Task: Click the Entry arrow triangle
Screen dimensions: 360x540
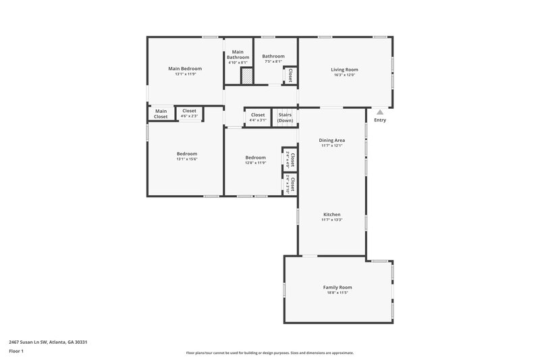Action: [380, 112]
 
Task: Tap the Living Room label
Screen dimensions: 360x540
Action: [344, 70]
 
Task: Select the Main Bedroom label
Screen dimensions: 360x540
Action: [185, 68]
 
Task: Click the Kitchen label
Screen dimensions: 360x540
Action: [332, 214]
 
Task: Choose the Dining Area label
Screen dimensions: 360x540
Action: [332, 140]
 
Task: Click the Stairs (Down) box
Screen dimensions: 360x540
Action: [285, 118]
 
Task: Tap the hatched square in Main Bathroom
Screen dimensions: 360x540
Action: [246, 77]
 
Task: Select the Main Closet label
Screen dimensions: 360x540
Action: [161, 113]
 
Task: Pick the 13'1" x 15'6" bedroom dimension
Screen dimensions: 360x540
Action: [186, 159]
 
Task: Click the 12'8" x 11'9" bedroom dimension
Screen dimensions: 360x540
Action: [254, 163]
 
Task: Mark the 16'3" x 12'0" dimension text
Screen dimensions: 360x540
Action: [344, 75]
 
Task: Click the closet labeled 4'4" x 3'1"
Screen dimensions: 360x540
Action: [258, 117]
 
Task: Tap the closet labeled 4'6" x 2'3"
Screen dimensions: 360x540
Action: [189, 113]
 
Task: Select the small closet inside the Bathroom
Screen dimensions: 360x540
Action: [290, 75]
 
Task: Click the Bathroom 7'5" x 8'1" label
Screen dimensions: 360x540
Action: [273, 59]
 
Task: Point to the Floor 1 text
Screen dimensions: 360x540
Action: [16, 351]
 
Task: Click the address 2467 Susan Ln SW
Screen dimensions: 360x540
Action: [48, 342]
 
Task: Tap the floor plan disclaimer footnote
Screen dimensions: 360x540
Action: [269, 353]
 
